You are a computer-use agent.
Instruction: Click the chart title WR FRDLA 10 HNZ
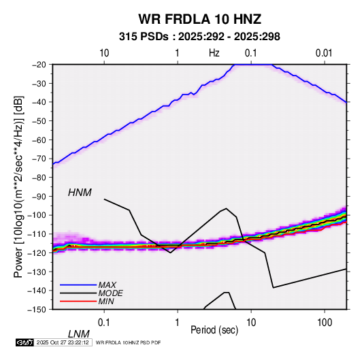click(x=199, y=19)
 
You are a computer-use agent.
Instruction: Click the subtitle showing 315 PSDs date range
click(x=199, y=37)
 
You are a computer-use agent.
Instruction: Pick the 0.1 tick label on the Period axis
click(x=104, y=323)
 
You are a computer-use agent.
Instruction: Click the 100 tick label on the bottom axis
click(x=325, y=323)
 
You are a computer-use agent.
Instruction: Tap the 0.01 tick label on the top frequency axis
click(x=324, y=53)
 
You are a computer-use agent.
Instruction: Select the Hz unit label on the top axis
click(x=214, y=53)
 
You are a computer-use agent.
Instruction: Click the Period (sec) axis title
click(x=214, y=330)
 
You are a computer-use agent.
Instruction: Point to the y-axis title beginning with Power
click(x=18, y=186)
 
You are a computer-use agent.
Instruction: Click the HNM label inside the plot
click(x=80, y=193)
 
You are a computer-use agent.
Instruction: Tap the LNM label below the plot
click(x=79, y=334)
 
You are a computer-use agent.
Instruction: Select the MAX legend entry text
click(x=107, y=285)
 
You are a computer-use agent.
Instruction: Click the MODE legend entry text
click(x=110, y=293)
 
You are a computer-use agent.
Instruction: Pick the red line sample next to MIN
click(x=78, y=301)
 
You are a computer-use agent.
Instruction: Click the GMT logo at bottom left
click(x=24, y=342)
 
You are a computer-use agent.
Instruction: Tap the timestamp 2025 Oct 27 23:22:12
click(x=63, y=342)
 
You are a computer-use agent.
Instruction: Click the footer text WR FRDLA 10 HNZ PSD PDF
click(x=128, y=342)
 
